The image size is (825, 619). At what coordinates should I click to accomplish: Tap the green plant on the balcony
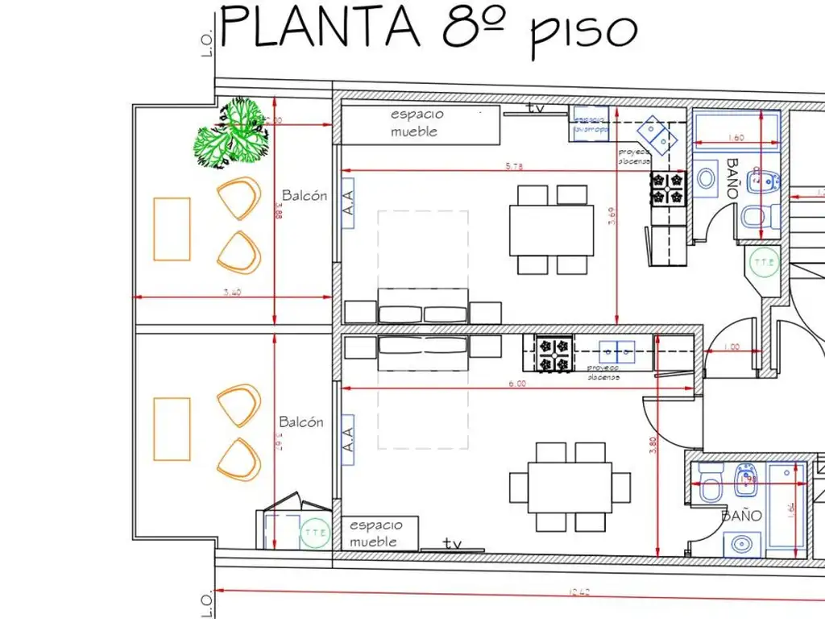(230, 134)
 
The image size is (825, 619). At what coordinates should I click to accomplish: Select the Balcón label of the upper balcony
(305, 195)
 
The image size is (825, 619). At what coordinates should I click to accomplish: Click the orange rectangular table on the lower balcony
(172, 429)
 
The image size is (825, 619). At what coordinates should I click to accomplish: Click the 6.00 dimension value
(516, 384)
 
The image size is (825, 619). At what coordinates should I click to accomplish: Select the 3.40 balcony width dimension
(231, 293)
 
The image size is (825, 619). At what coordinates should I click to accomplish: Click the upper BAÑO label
(732, 178)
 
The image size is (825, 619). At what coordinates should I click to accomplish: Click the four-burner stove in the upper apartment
(667, 187)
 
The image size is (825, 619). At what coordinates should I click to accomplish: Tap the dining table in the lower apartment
(570, 487)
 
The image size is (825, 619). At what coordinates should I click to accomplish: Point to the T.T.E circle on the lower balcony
(313, 533)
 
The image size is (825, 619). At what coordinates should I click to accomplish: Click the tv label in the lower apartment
(453, 544)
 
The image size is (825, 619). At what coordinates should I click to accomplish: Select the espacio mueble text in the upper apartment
(417, 123)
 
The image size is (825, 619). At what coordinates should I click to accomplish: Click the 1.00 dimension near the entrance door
(732, 347)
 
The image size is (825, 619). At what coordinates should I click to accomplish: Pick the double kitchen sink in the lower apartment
(617, 350)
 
